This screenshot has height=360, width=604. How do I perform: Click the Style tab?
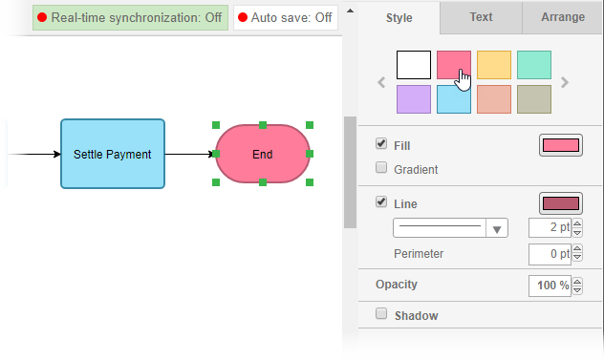coord(399,17)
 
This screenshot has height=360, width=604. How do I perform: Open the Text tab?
coord(481,17)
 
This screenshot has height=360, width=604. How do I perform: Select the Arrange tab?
coord(563,17)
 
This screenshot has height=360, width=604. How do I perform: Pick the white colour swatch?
coord(414,65)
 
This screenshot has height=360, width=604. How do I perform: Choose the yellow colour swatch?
coord(494,65)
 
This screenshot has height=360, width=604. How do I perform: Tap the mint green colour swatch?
coord(534,65)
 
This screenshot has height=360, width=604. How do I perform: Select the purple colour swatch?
coord(414,99)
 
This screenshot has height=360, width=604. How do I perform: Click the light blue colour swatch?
coord(454,99)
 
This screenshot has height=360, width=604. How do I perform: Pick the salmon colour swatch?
coord(494,99)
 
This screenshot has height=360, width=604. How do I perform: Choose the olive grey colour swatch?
coord(534,99)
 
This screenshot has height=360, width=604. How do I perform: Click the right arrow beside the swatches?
coord(565,82)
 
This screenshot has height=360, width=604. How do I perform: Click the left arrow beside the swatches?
coord(381,82)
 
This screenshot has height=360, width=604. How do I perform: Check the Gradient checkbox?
coord(382,169)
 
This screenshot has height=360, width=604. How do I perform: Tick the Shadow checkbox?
coord(382,314)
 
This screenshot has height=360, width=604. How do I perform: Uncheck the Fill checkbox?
coord(382,145)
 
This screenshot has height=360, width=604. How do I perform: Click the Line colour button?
coord(561,203)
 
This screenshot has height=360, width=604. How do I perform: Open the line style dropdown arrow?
coord(497,228)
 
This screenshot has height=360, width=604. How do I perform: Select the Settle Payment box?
coord(113,154)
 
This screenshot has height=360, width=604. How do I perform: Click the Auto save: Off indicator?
coord(286,17)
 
